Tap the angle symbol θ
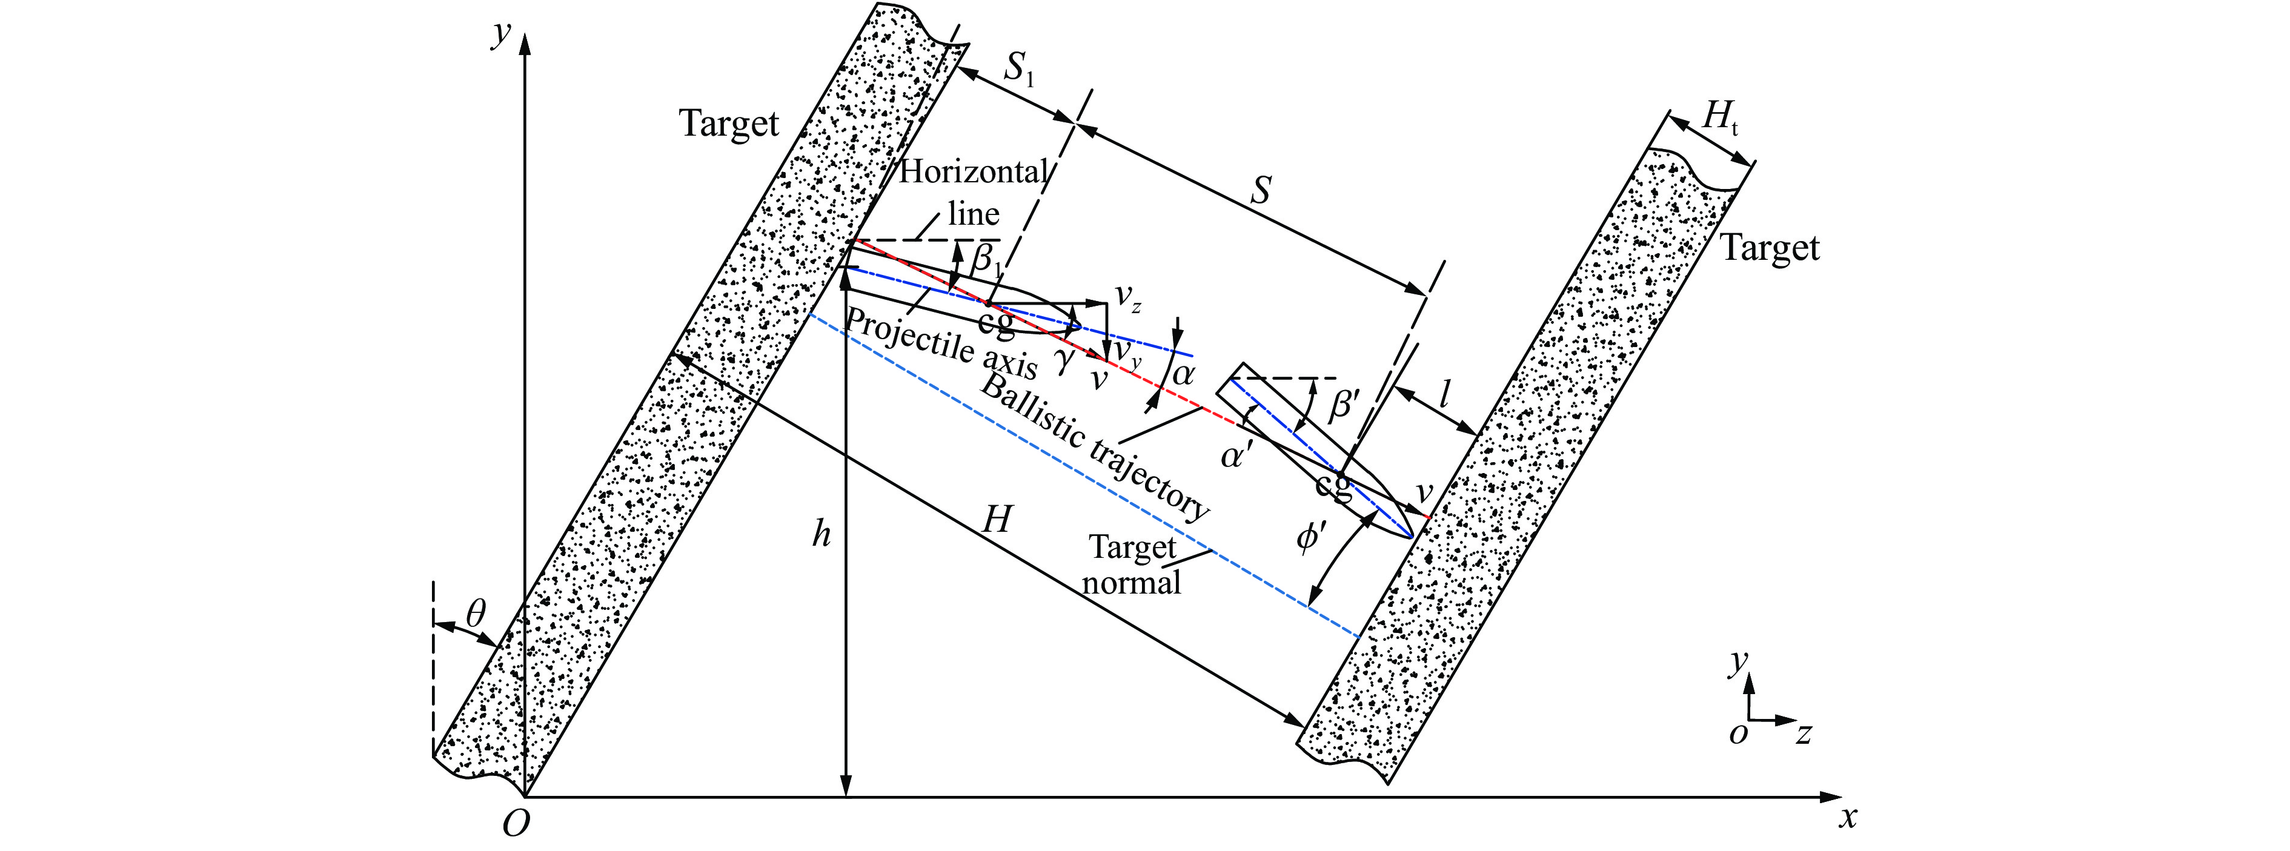477,613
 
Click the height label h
822,534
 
